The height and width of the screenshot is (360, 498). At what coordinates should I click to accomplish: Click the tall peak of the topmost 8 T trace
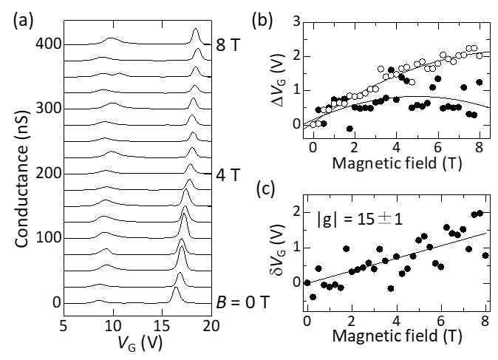pyautogui.click(x=196, y=30)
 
